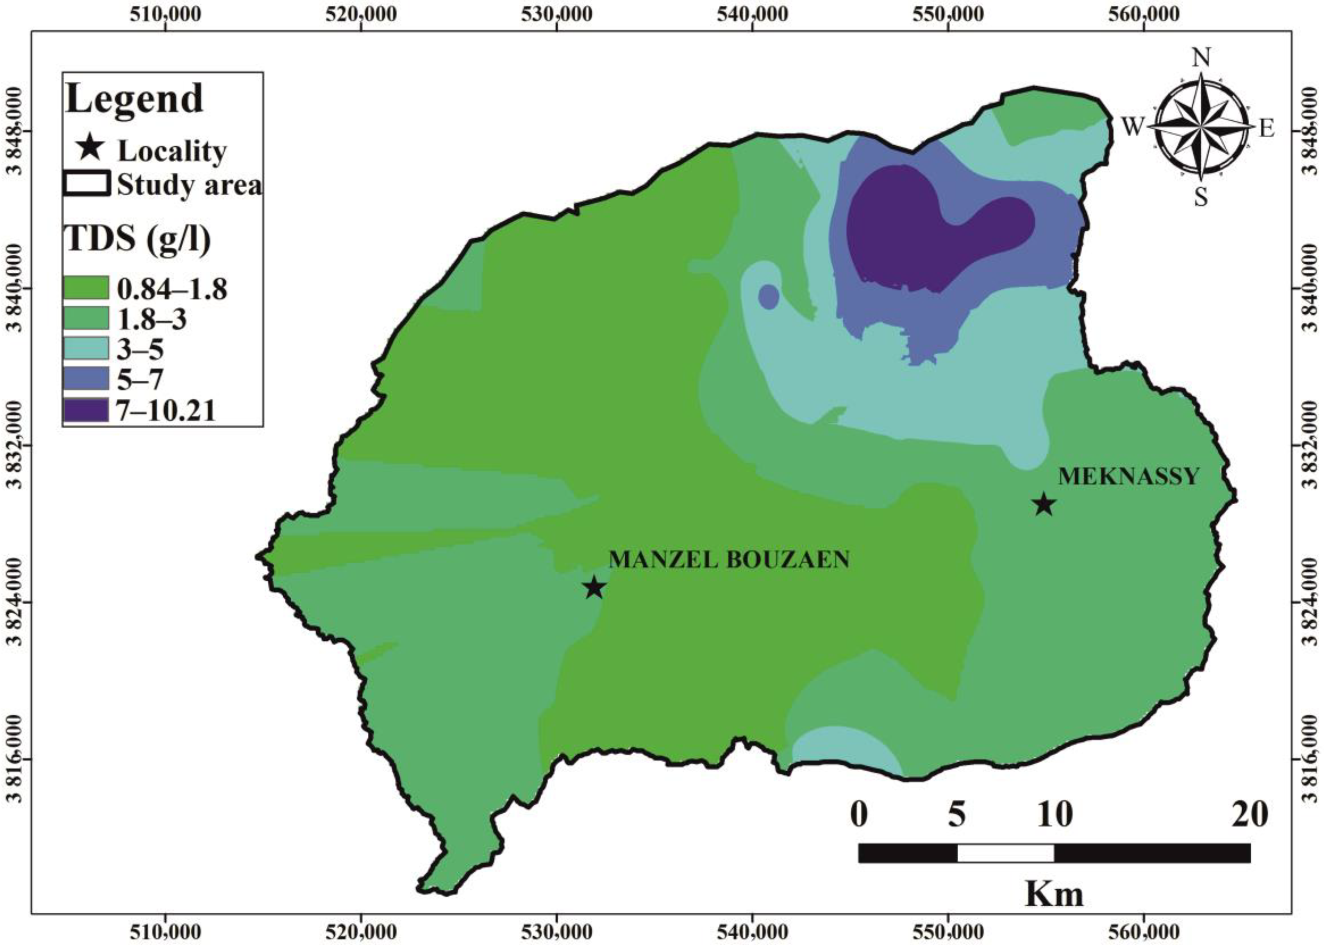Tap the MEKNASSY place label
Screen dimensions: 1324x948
[1128, 477]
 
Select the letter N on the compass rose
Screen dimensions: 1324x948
[1200, 58]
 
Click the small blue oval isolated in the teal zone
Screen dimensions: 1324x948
[768, 297]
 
